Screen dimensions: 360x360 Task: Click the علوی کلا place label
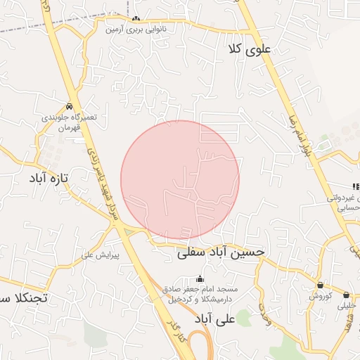coord(254,49)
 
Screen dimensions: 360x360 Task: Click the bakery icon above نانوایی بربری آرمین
coord(136,18)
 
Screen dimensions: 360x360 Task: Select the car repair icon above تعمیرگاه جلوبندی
coord(69,106)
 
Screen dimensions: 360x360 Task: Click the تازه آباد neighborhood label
coord(48,179)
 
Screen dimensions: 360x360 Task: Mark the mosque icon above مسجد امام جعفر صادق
coord(200,278)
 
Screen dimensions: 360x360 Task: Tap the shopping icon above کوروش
coord(320,285)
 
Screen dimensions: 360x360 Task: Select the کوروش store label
coord(320,297)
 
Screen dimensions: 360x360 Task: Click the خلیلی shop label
coord(347,306)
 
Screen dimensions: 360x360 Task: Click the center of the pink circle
coord(180,180)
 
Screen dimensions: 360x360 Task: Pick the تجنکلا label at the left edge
coord(24,298)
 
